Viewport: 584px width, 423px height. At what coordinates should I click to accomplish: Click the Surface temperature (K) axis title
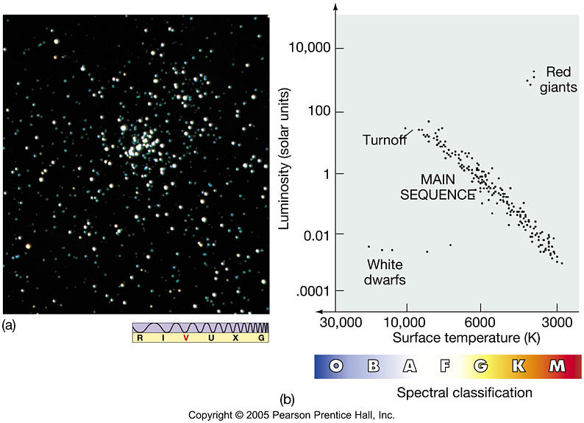pos(457,339)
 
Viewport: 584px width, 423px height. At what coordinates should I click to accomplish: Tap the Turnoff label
pos(385,140)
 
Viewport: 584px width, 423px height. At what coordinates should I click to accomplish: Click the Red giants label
pos(559,78)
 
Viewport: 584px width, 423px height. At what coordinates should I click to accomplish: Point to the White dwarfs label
pos(386,271)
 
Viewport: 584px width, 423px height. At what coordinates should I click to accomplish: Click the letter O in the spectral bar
pos(336,366)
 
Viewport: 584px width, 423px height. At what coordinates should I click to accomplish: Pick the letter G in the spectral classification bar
pos(481,366)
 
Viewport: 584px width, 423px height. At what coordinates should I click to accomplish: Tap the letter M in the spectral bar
pos(557,366)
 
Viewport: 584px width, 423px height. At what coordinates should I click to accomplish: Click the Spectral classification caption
pos(464,392)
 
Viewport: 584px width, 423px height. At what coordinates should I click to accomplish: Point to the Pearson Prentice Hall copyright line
pos(291,415)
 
